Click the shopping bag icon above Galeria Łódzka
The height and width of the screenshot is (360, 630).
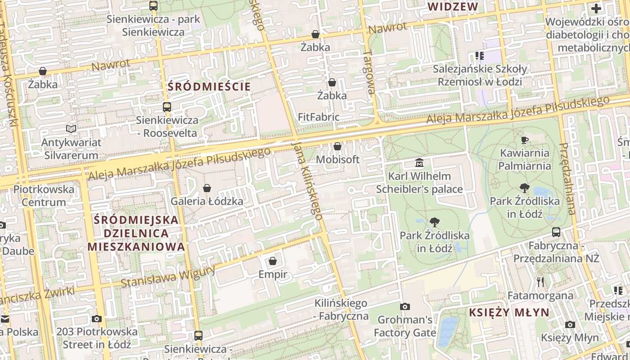tap(207, 188)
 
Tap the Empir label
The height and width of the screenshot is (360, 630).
tap(273, 274)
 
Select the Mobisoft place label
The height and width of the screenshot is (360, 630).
tap(337, 159)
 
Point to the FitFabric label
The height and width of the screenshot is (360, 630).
tap(319, 117)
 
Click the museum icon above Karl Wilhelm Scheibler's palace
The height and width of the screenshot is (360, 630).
tap(419, 162)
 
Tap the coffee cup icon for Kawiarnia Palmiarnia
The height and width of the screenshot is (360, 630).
tap(524, 140)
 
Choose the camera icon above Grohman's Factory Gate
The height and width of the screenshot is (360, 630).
tap(405, 307)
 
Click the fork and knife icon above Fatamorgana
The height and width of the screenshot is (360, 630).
tap(540, 282)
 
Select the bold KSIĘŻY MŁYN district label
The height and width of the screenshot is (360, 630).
tap(509, 312)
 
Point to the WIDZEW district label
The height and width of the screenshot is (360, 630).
tap(452, 7)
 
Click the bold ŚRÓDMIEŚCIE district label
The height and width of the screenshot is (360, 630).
tap(209, 86)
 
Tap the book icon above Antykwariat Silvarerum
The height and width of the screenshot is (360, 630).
tap(71, 129)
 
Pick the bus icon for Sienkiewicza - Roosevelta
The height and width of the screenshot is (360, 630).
tap(167, 107)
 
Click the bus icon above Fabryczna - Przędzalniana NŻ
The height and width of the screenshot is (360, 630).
tap(556, 232)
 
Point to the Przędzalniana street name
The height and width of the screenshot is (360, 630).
tap(568, 179)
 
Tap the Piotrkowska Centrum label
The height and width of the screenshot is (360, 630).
tap(44, 195)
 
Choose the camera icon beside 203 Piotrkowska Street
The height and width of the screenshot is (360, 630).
tap(97, 319)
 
